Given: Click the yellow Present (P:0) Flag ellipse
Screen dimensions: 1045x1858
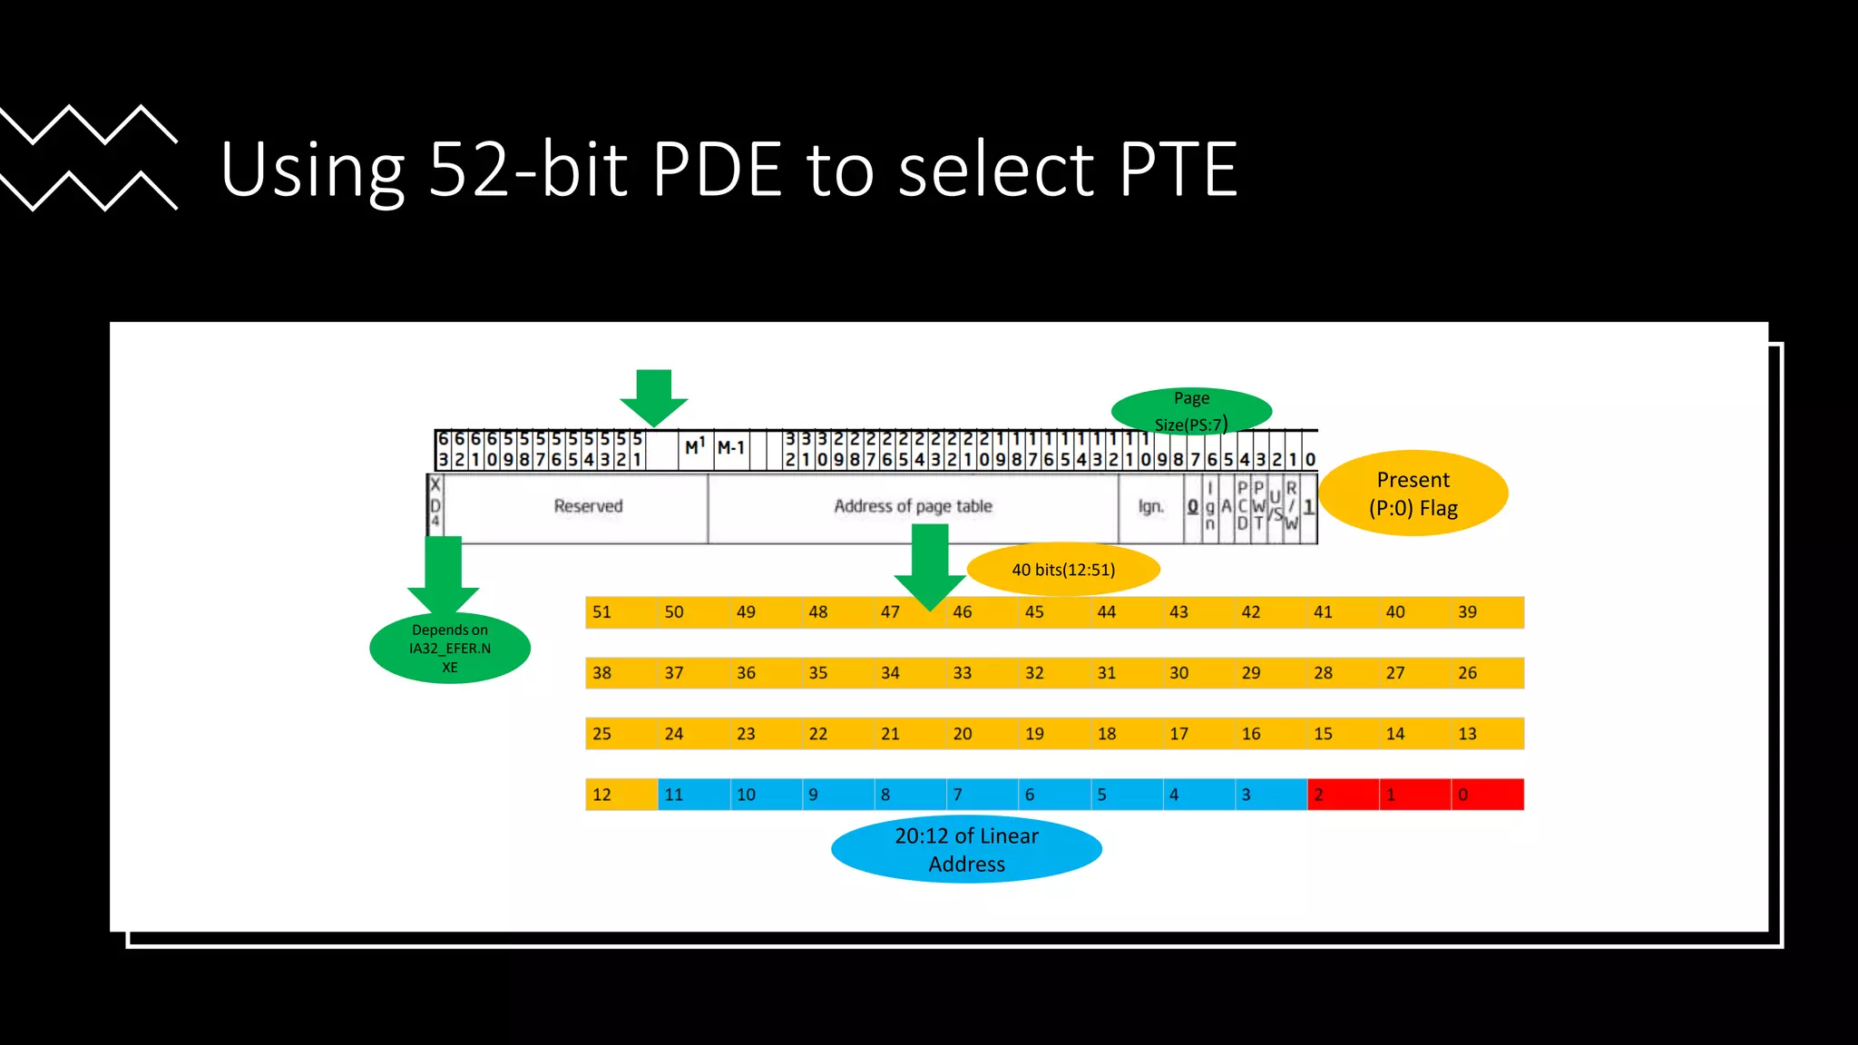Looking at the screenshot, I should click(x=1413, y=493).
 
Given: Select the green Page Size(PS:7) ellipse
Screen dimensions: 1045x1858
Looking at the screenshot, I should click(x=1191, y=411).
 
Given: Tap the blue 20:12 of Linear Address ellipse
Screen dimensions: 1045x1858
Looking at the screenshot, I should click(x=966, y=849).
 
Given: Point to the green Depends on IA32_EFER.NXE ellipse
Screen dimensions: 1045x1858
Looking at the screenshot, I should click(x=450, y=648).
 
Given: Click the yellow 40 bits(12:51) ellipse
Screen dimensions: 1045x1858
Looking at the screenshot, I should click(x=1063, y=570).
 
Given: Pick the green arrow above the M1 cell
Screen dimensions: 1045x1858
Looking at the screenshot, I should click(x=653, y=396).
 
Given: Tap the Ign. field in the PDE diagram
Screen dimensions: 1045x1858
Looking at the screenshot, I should click(x=1150, y=506).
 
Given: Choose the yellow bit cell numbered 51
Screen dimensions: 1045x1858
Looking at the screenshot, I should click(x=621, y=612).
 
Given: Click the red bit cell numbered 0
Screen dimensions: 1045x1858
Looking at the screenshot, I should click(x=1487, y=795).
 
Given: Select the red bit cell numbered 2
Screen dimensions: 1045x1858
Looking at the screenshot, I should click(x=1343, y=795).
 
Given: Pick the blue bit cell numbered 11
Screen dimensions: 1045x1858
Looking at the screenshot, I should click(x=693, y=795).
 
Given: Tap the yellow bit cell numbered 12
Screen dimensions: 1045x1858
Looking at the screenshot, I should click(x=621, y=795).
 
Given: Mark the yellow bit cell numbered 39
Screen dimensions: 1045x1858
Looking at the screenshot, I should click(x=1487, y=612).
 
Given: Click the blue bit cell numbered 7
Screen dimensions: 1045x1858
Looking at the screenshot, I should click(x=982, y=795).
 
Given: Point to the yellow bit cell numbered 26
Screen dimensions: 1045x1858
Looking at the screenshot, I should click(x=1487, y=673).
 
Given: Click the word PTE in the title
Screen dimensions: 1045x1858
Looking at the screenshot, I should click(x=1178, y=170).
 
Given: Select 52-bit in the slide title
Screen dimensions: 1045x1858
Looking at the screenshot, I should click(x=527, y=170).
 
